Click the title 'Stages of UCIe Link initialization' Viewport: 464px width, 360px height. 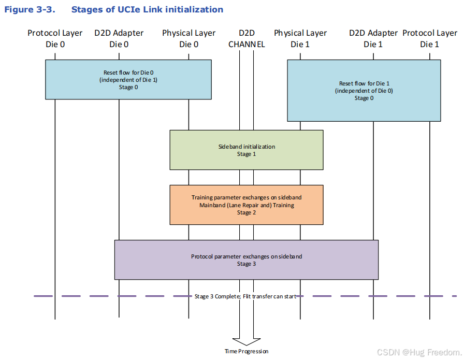[147, 10]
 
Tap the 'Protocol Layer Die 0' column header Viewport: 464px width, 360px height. [55, 38]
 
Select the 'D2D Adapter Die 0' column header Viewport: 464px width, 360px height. [119, 38]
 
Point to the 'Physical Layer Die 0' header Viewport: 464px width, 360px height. [189, 38]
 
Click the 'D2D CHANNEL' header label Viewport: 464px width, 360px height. [247, 38]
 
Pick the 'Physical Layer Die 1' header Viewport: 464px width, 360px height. [300, 38]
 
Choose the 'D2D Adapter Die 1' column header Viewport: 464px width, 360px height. [373, 38]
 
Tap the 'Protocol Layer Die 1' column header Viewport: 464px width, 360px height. [429, 38]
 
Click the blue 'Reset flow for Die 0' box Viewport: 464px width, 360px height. [128, 79]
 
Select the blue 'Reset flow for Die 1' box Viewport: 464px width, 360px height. [364, 91]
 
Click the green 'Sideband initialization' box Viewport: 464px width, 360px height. [247, 150]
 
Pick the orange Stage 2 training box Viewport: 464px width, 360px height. [247, 205]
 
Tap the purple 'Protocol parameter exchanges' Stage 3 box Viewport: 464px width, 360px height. [247, 260]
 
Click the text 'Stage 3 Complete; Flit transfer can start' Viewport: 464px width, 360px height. [246, 296]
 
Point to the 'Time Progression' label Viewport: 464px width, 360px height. [247, 351]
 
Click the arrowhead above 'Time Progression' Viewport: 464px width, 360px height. [247, 341]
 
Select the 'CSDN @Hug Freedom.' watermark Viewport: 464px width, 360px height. [419, 352]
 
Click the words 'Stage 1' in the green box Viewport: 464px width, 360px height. [247, 154]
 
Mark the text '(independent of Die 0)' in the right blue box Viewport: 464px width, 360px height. [364, 91]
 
